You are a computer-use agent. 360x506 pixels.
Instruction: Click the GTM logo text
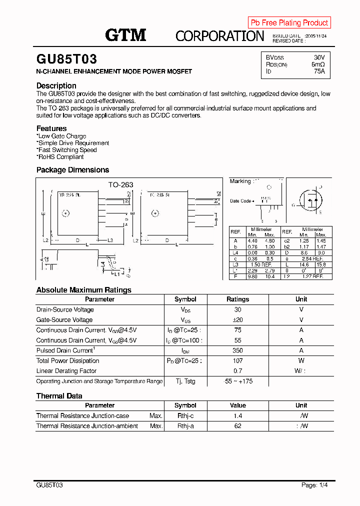click(x=125, y=35)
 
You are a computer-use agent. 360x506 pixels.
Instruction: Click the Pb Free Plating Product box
click(x=289, y=22)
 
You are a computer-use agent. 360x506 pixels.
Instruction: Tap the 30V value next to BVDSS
click(x=319, y=57)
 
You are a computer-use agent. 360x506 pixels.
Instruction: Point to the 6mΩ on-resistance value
click(x=318, y=64)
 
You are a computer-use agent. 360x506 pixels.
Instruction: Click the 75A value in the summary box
click(x=319, y=71)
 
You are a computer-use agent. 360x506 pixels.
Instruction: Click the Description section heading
click(x=56, y=85)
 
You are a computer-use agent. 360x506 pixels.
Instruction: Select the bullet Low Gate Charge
click(x=61, y=136)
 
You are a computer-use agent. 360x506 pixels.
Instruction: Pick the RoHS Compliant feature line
click(x=61, y=157)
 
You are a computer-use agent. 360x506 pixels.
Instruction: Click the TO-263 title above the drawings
click(x=121, y=184)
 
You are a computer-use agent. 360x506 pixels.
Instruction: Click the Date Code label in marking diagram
click(x=241, y=201)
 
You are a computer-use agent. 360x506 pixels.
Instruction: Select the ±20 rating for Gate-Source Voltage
click(x=237, y=320)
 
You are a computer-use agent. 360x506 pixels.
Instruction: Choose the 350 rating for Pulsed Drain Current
click(x=237, y=350)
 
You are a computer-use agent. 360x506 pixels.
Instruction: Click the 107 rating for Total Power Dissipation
click(x=237, y=360)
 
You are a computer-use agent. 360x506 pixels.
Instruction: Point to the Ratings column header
click(x=237, y=299)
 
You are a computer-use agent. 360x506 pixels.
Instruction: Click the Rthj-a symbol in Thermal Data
click(x=185, y=426)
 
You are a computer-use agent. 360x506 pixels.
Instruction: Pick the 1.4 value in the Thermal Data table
click(x=237, y=416)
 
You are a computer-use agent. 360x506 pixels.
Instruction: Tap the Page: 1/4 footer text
click(x=314, y=485)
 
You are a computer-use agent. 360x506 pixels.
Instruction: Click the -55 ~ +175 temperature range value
click(x=237, y=381)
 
